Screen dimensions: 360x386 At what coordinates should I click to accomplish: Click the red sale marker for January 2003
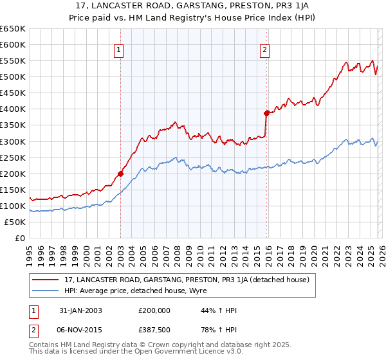[x=120, y=174]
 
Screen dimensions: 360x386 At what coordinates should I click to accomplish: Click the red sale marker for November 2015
[x=266, y=113]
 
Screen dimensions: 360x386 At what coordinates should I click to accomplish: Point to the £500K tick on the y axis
[x=13, y=77]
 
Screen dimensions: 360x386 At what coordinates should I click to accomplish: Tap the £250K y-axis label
[x=13, y=157]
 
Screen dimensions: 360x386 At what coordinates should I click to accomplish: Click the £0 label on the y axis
[x=19, y=238]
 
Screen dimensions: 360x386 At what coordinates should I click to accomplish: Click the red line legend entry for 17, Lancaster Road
[x=187, y=280]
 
